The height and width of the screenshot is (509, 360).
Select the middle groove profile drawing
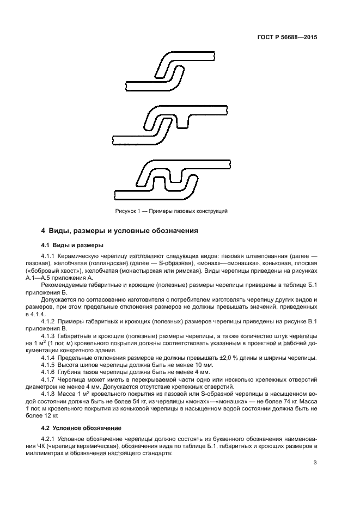(170, 124)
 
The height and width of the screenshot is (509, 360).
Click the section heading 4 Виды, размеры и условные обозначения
(119, 231)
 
